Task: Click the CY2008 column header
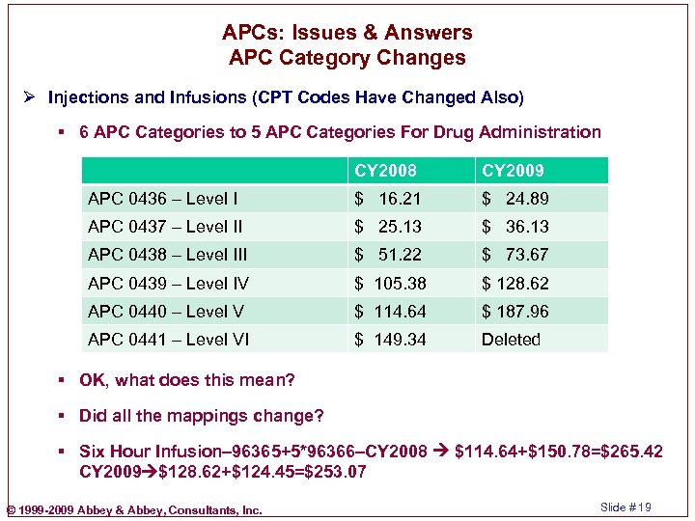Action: [x=385, y=171]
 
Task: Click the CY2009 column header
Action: [x=513, y=171]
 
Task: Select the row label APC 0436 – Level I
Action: [x=163, y=199]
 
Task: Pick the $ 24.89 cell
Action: [x=515, y=199]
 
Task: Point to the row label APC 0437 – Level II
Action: [x=165, y=227]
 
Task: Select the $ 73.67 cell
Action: [x=515, y=255]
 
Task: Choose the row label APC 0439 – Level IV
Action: [x=168, y=284]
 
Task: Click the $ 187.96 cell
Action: [x=515, y=312]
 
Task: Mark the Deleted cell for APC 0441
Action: [x=511, y=340]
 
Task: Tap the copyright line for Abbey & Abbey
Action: [x=133, y=509]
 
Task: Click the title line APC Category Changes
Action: [x=347, y=58]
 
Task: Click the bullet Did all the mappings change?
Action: [x=202, y=416]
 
